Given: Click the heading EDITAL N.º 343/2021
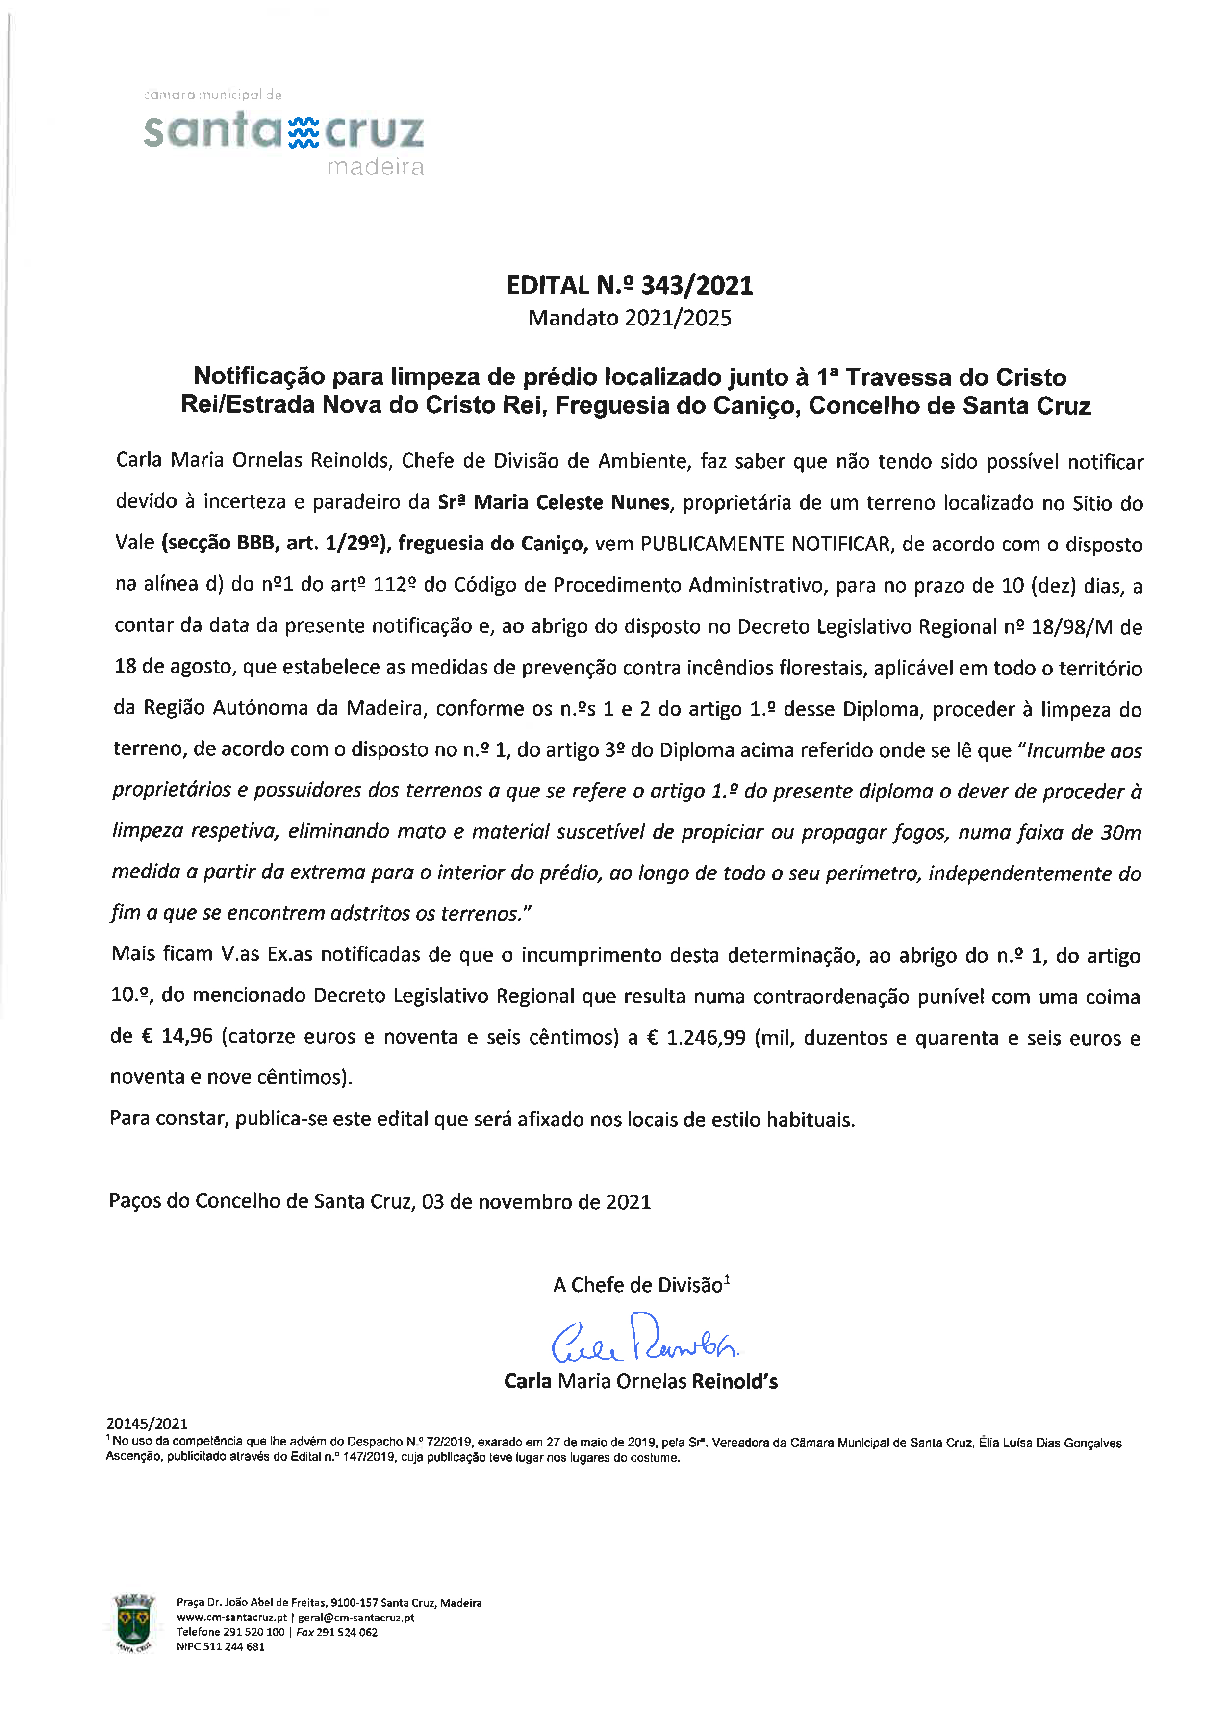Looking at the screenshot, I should (629, 285).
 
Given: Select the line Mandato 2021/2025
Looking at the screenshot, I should (629, 318).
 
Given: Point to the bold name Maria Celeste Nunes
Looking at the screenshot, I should (571, 502).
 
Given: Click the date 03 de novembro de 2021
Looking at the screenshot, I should (536, 1202).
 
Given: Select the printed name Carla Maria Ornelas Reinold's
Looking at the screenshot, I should (640, 1381).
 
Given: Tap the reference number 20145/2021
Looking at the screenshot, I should (147, 1423).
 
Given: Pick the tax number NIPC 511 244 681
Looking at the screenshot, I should (220, 1647).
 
